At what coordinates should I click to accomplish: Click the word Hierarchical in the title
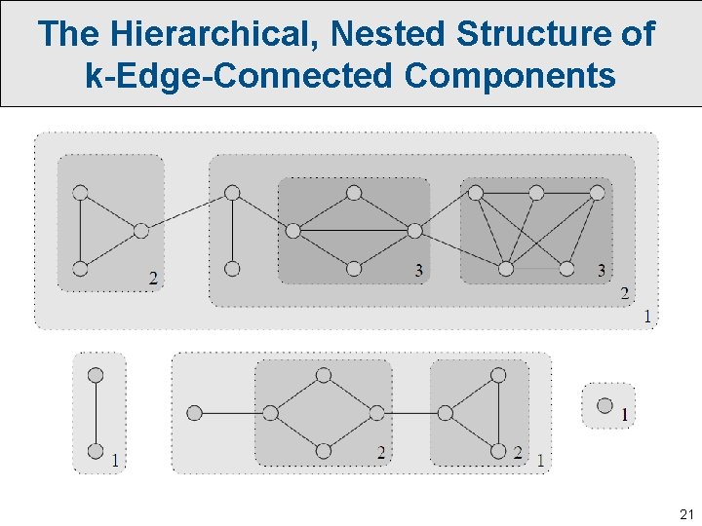point(215,34)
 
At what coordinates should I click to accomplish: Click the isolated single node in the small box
point(604,405)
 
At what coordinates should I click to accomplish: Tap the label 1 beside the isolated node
point(624,416)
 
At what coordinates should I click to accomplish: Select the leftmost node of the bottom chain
point(194,413)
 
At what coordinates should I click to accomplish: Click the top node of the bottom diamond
point(324,375)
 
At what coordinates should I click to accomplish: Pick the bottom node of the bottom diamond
point(324,451)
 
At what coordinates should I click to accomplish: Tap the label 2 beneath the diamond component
point(380,452)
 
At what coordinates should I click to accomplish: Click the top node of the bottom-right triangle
point(498,375)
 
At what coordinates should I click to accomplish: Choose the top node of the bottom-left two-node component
point(96,375)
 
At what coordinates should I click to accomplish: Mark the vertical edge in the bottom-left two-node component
point(96,413)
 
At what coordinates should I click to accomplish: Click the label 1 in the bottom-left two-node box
point(115,460)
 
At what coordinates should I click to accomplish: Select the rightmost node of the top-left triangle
point(141,231)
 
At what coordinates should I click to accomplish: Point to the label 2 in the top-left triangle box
point(153,278)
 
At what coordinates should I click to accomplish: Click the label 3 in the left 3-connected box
point(418,270)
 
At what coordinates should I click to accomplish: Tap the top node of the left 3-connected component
point(354,193)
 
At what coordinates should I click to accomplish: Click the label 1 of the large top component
point(645,316)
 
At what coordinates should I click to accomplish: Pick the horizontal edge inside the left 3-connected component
point(354,231)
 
